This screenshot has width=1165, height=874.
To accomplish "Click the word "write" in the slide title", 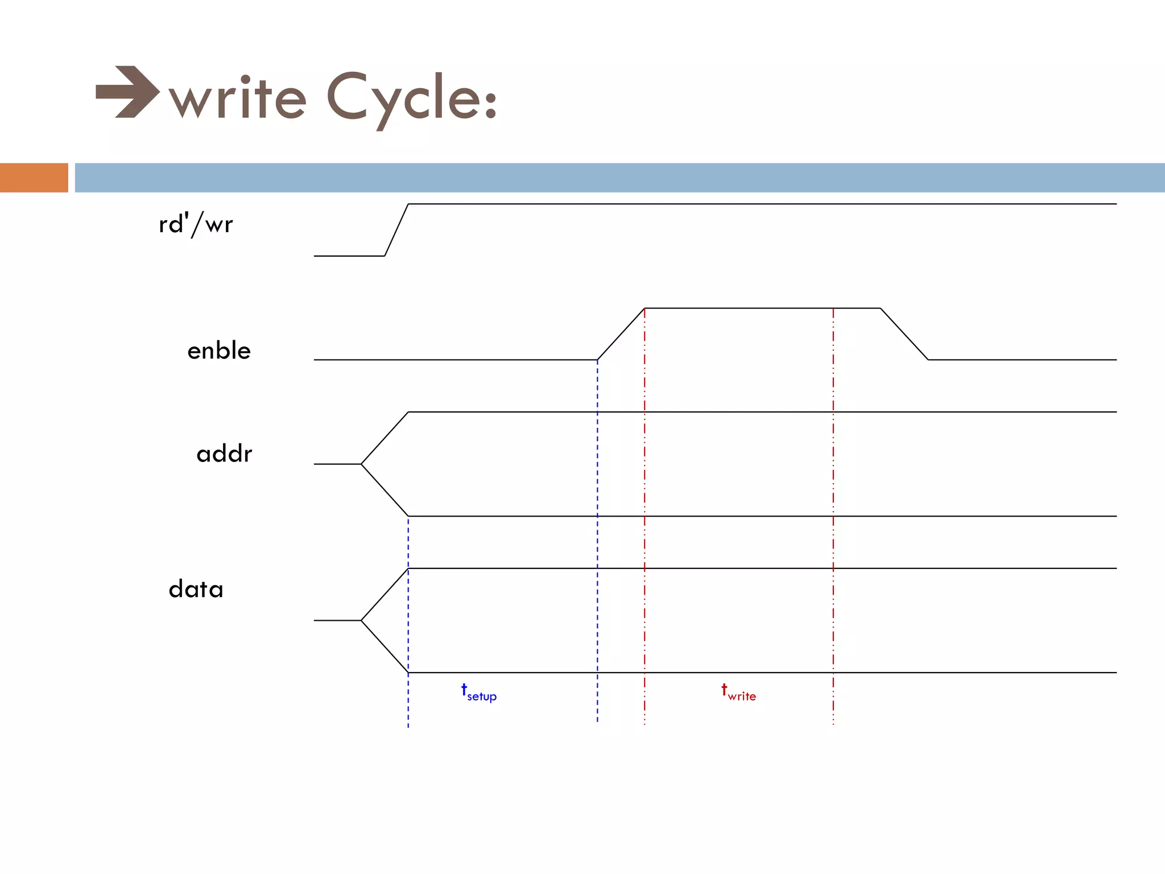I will pos(238,98).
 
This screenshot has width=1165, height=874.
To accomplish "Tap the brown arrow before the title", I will pos(127,92).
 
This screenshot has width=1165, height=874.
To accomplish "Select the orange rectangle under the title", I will pos(34,178).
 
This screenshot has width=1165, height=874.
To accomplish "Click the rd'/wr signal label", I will pos(196,224).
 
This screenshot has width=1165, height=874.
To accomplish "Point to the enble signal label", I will pos(219,351).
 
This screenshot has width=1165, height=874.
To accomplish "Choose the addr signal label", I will pos(224,454).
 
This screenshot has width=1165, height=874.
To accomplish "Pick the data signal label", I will pos(196,589).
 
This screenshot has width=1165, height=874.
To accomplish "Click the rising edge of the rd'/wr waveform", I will pos(396,230).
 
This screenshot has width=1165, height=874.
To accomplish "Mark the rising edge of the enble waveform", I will pos(621,334).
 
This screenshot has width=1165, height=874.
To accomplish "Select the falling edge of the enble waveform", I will pos(904,334).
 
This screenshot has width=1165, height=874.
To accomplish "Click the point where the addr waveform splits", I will pos(361,464).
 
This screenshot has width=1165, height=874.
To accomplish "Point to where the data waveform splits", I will pos(361,620).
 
